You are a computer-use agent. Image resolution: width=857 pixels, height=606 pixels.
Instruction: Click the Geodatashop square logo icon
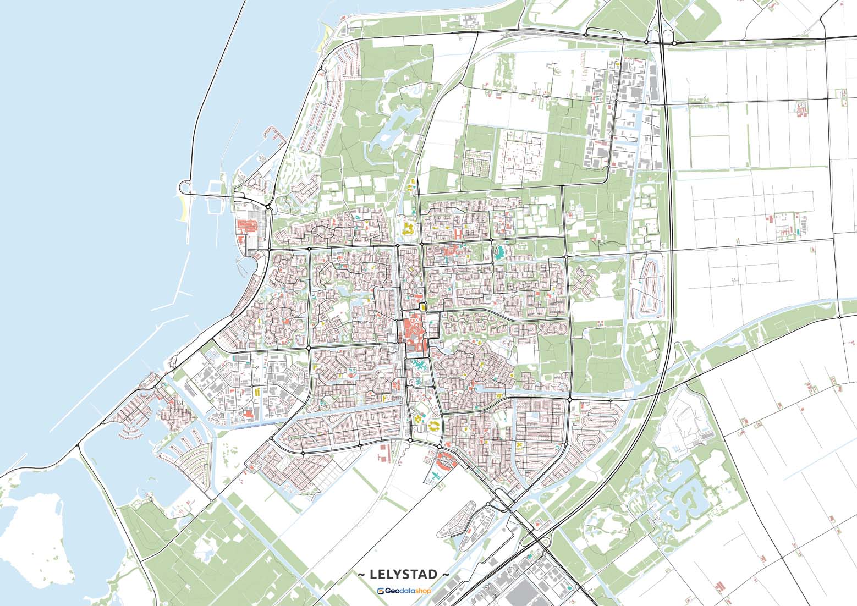(381, 591)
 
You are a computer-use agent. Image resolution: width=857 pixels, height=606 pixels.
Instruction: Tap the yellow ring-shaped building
(434, 426)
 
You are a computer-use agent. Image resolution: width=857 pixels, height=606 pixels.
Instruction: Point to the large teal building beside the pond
(500, 253)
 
